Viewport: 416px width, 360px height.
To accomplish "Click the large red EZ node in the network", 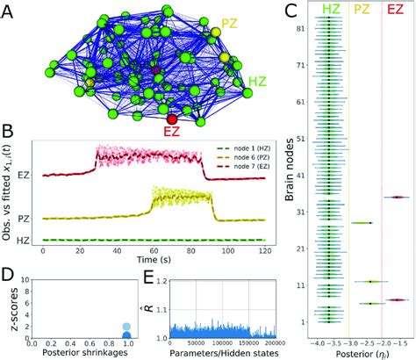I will point(172,118).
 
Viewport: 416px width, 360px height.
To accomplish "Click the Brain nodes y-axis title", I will point(288,180).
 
